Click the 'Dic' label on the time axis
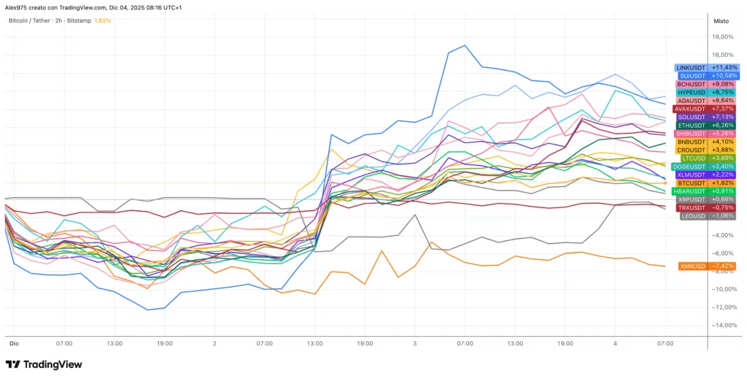(x=13, y=342)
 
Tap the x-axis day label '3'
(x=415, y=342)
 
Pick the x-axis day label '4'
(x=615, y=342)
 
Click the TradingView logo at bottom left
(x=44, y=364)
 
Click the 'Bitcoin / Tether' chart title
(x=30, y=20)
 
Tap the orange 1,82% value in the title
(x=103, y=20)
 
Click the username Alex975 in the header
(x=17, y=7)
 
